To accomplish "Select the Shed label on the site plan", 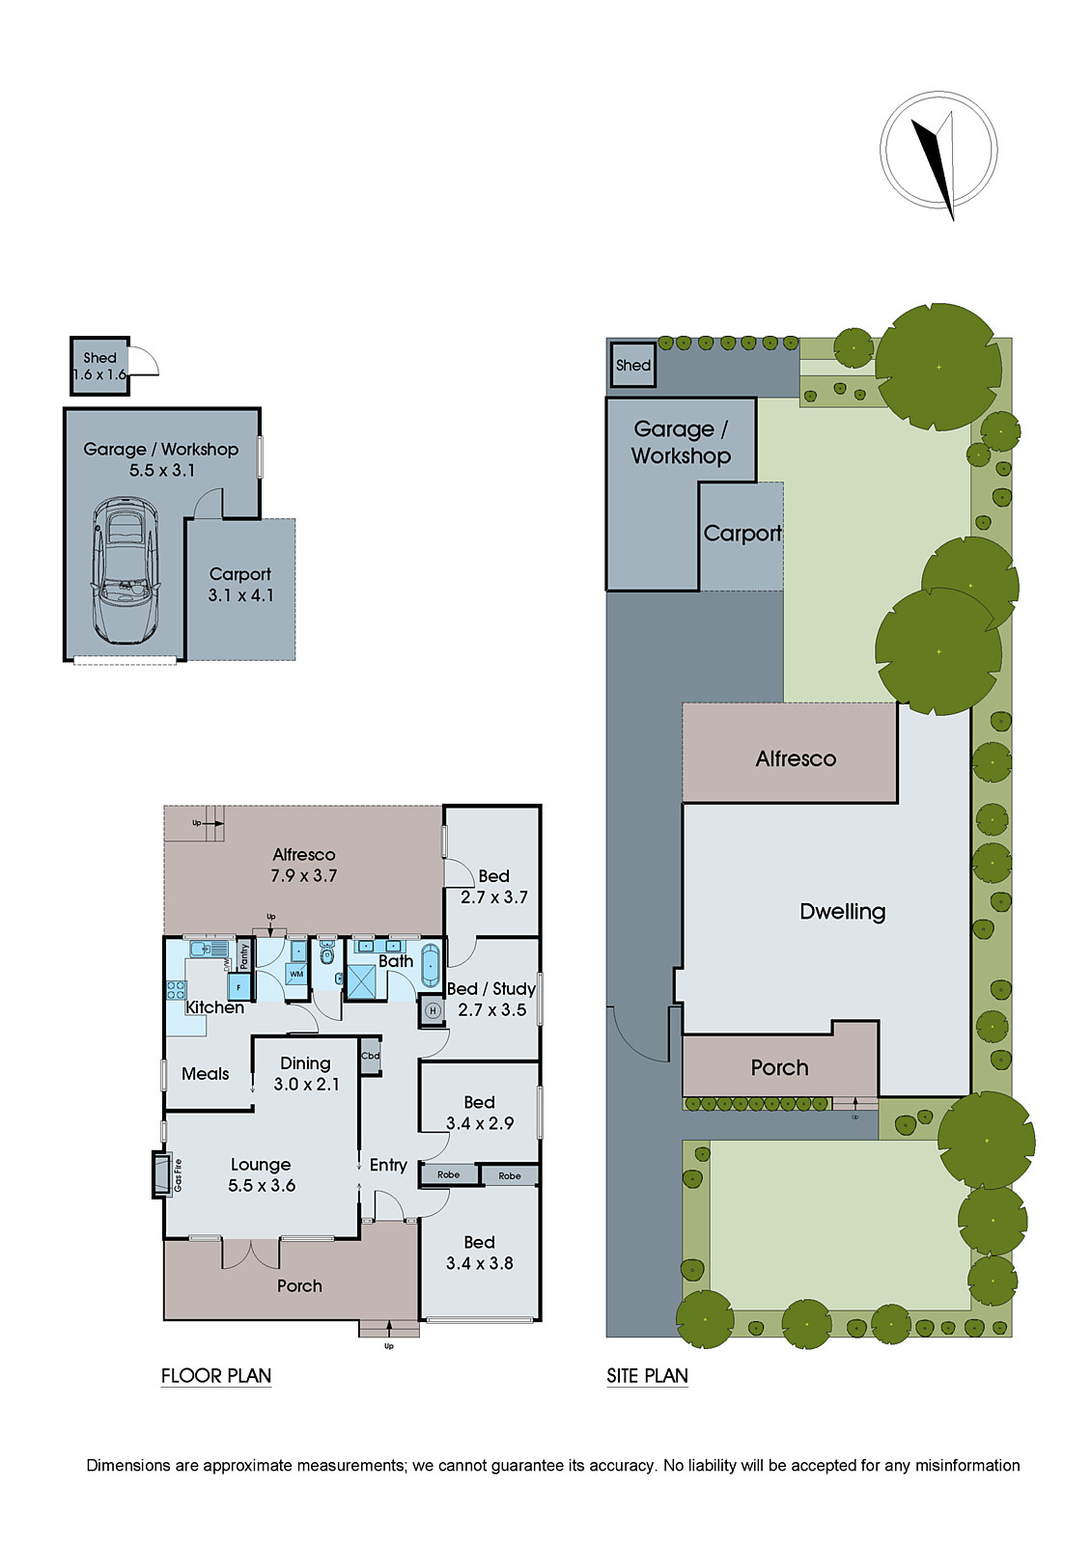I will (x=632, y=366).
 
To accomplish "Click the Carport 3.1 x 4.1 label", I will (x=240, y=585).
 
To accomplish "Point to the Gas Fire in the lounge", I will (x=165, y=1174).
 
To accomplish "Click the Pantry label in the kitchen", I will (x=244, y=956).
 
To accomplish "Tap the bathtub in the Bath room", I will (x=431, y=965).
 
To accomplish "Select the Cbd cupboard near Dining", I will (x=371, y=1056).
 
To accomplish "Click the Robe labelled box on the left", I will (x=448, y=1174).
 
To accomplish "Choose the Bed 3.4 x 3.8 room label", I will (x=479, y=1253).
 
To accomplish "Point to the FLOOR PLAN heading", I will (x=215, y=1376).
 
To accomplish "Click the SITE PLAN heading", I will (x=647, y=1376).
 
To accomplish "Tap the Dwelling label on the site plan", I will (x=842, y=912).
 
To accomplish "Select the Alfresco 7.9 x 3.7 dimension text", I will (x=303, y=876).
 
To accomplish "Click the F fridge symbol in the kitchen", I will (x=238, y=987).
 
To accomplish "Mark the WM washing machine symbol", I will (x=296, y=974).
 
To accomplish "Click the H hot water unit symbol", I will (x=433, y=1010).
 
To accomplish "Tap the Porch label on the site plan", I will (x=779, y=1068).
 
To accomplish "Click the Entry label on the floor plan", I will (x=388, y=1166).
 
